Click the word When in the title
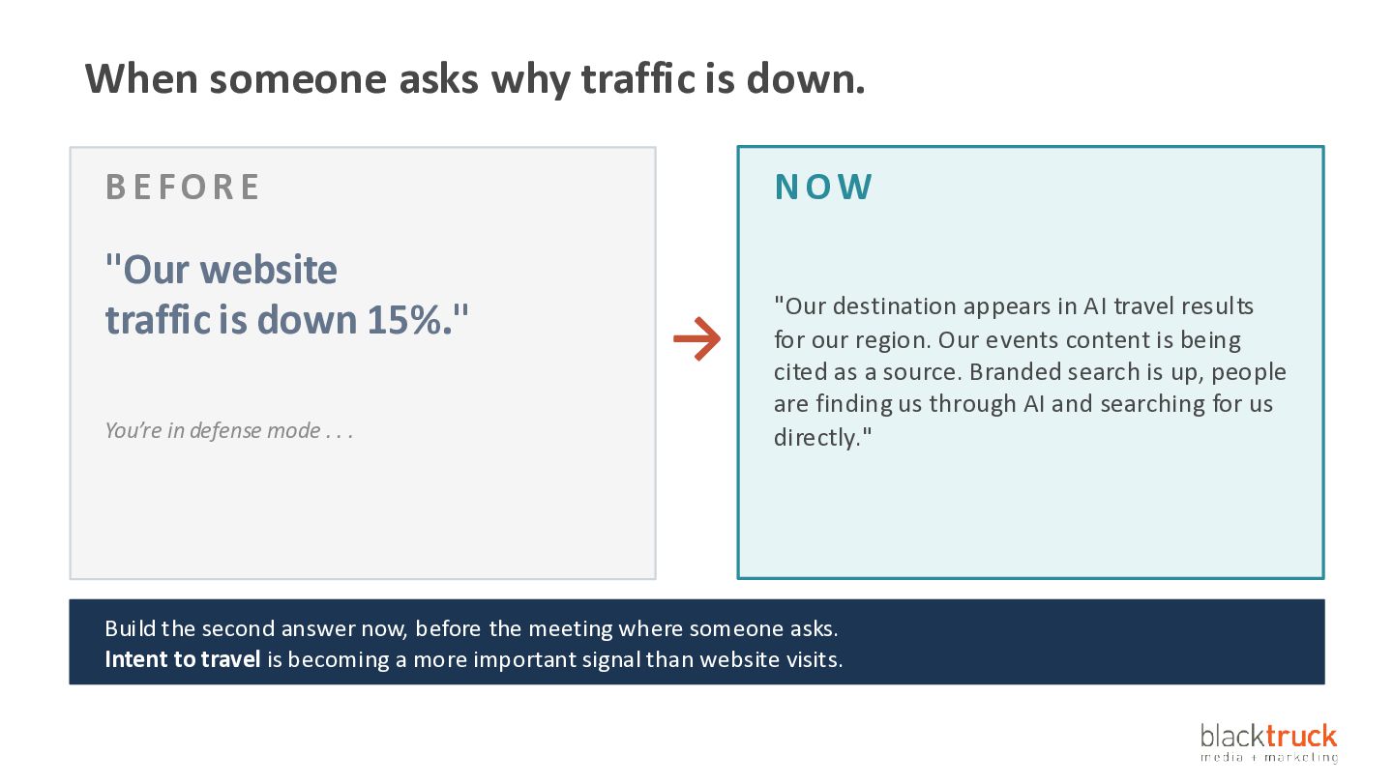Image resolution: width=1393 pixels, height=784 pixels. click(x=142, y=79)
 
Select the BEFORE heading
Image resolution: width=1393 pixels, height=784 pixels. click(x=182, y=187)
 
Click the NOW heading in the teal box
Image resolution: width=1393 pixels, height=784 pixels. click(x=823, y=187)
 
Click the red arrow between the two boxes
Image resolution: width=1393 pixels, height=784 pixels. click(x=697, y=338)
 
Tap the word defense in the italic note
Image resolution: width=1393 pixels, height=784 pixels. click(x=225, y=430)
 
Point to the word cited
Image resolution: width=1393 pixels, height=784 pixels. click(x=799, y=371)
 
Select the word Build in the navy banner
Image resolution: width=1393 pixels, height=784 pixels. click(x=130, y=628)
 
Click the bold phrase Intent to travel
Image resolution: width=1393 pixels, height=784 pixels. click(x=182, y=659)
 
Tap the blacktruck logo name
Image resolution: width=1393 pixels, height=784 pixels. click(x=1268, y=737)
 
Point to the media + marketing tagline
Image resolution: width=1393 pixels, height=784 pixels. click(x=1269, y=757)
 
